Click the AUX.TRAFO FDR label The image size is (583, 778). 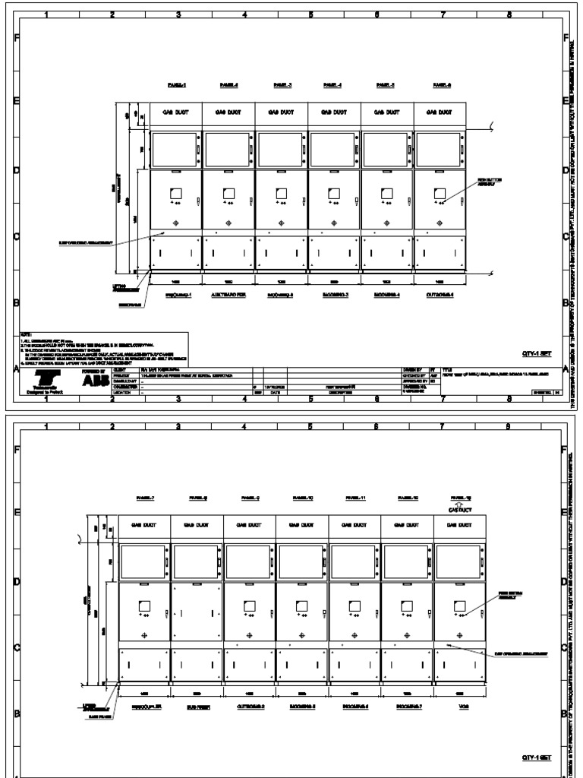pyautogui.click(x=228, y=295)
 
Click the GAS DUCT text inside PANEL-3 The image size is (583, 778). pyautogui.click(x=282, y=112)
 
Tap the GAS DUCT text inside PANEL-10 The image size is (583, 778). pyautogui.click(x=302, y=525)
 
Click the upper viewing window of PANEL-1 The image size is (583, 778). pyautogui.click(x=176, y=149)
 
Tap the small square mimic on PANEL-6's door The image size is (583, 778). pyautogui.click(x=440, y=193)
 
